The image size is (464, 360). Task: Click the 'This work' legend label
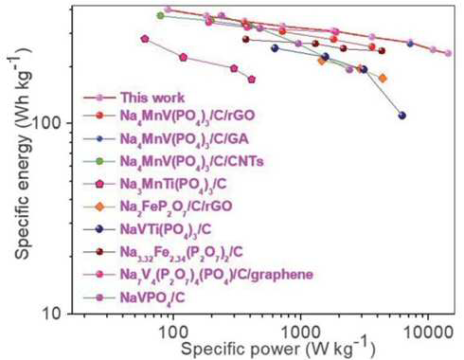(152, 98)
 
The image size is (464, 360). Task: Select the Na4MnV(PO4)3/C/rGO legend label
(187, 117)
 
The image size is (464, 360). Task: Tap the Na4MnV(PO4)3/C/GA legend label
(185, 139)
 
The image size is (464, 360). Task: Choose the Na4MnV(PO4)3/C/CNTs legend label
(191, 162)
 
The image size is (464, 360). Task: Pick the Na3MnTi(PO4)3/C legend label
(173, 185)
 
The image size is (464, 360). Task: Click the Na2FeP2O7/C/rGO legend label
(176, 207)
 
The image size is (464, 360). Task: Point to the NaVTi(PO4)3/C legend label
(166, 230)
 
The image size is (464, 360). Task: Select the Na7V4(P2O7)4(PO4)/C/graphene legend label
(217, 276)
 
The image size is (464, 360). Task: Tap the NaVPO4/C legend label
(152, 298)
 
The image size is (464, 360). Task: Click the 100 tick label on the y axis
(51, 123)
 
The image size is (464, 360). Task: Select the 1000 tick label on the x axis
(300, 332)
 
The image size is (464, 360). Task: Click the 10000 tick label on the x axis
(428, 332)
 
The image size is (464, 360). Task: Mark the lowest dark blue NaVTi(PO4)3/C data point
(402, 116)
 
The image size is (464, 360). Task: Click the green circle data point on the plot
(161, 15)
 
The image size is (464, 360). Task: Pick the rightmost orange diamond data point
(383, 79)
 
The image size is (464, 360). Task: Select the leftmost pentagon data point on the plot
(145, 39)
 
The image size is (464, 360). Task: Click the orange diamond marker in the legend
(99, 207)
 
